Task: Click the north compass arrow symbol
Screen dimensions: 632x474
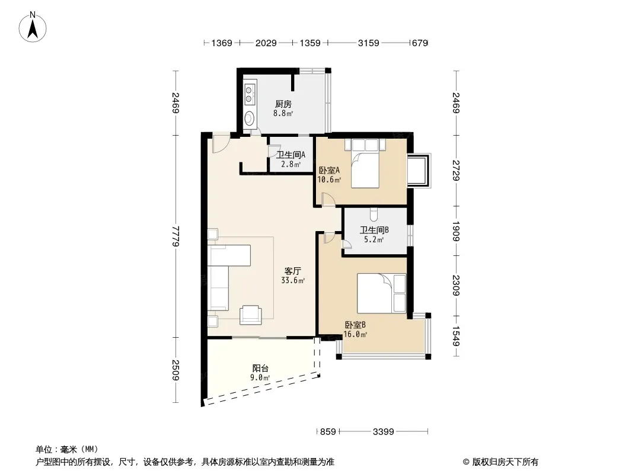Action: click(33, 27)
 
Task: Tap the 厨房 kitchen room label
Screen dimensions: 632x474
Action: click(283, 104)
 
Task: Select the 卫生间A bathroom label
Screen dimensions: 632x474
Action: click(291, 155)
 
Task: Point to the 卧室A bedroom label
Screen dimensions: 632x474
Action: click(329, 171)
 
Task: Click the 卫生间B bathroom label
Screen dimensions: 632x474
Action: click(374, 230)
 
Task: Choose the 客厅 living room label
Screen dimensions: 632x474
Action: click(293, 271)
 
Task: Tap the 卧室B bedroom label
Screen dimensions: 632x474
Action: click(355, 325)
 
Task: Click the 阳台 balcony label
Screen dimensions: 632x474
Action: click(260, 368)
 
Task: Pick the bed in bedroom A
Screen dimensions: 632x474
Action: click(365, 164)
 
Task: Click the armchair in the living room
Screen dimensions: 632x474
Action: click(250, 315)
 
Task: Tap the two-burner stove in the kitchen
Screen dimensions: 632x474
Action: click(250, 94)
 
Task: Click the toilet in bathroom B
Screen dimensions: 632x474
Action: click(374, 214)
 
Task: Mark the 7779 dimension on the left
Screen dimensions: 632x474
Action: click(175, 236)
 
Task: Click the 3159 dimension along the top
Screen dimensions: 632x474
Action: click(368, 43)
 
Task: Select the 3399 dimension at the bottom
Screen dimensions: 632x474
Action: click(384, 432)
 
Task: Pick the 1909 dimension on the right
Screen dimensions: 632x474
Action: click(457, 231)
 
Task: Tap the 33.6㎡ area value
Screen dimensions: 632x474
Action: click(293, 281)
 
